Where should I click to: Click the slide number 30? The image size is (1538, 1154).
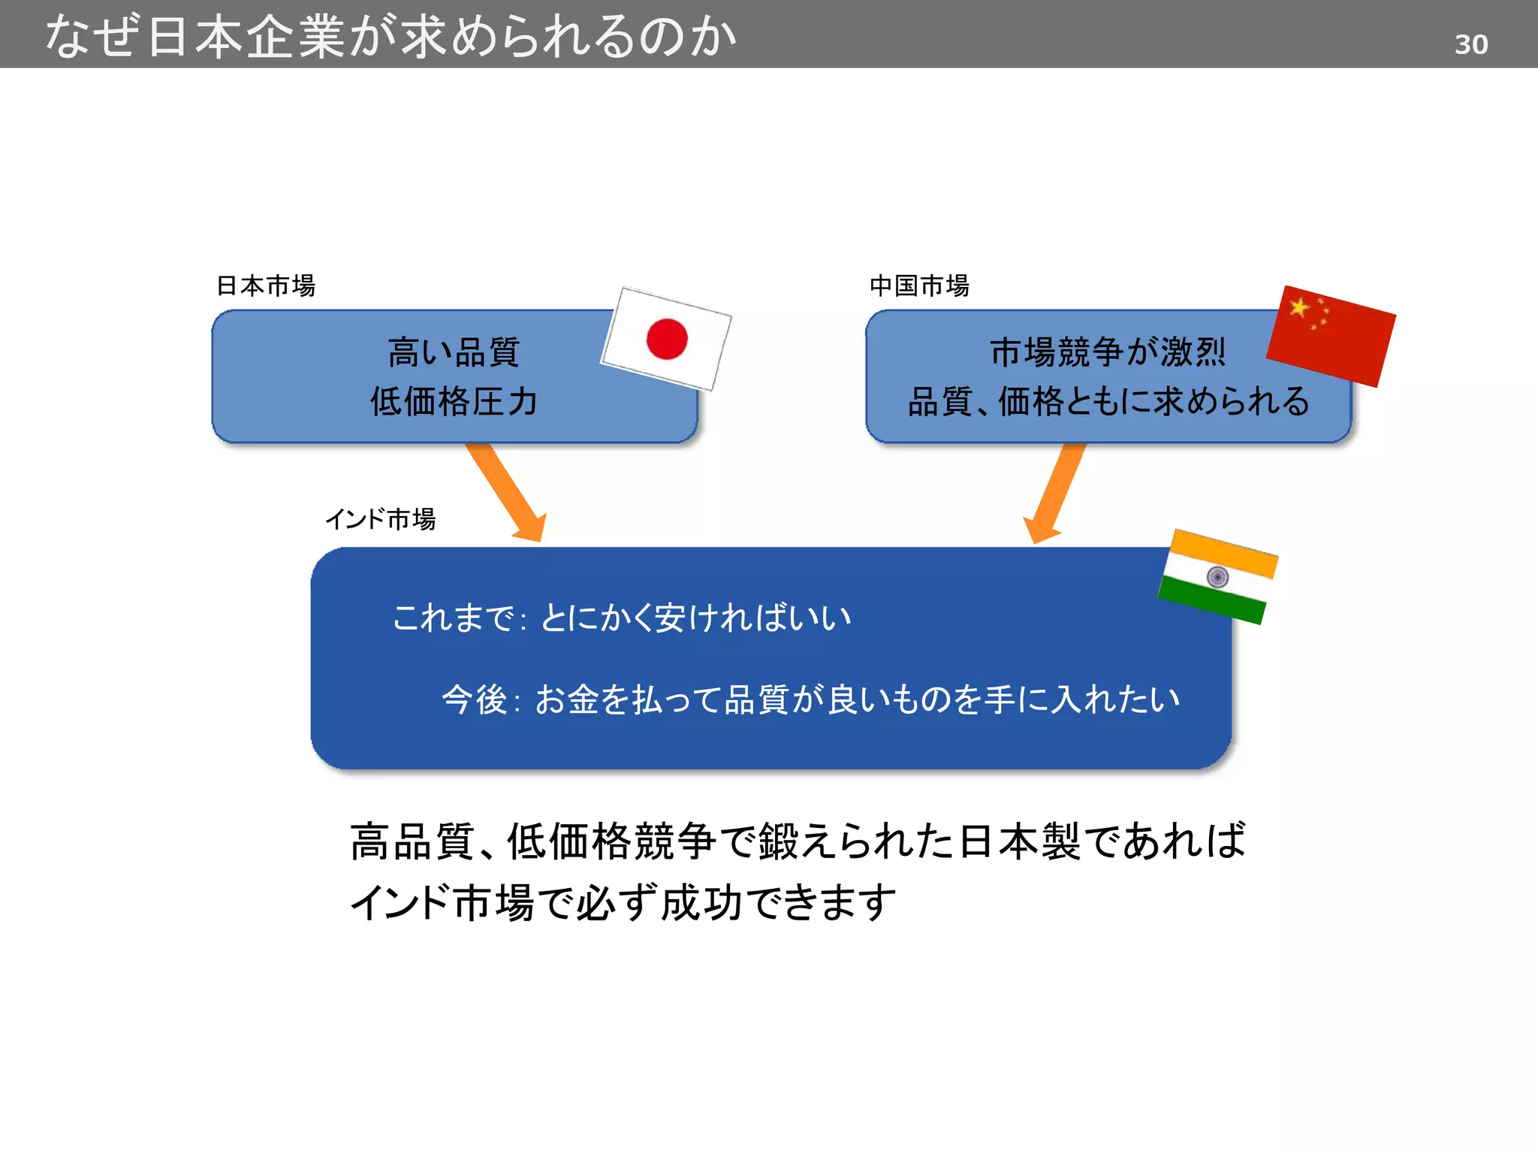point(1470,45)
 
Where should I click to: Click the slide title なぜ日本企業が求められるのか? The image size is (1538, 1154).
point(391,36)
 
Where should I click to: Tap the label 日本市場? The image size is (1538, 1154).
point(266,286)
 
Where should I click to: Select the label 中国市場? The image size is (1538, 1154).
point(919,286)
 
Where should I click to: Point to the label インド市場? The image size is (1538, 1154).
point(381,519)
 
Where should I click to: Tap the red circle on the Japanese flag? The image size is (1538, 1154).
point(667,339)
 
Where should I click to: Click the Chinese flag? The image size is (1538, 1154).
point(1331,336)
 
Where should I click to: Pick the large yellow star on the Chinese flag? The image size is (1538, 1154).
point(1298,307)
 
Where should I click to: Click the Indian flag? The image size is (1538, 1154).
point(1218,577)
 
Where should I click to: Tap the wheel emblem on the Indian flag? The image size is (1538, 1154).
point(1217,577)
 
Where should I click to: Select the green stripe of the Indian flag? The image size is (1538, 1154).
point(1211,600)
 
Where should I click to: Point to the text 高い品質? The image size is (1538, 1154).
point(454,352)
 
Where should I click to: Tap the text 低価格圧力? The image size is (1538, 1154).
point(454,401)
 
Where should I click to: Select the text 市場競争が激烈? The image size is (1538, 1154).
point(1108,352)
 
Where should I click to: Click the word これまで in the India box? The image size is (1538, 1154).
point(453,618)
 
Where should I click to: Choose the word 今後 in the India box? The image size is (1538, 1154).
point(475,699)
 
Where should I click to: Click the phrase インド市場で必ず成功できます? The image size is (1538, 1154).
point(623,902)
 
